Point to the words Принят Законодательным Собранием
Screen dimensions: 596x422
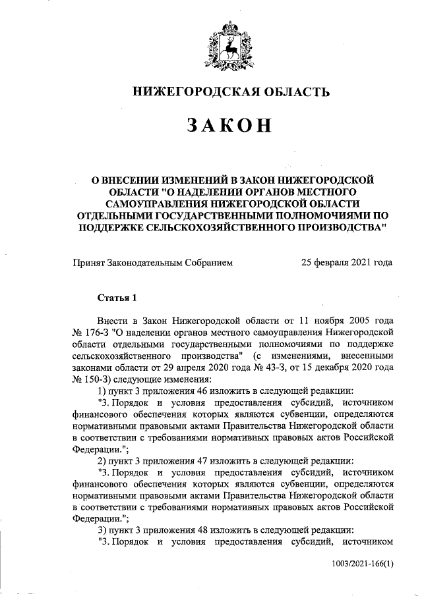pos(153,262)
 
